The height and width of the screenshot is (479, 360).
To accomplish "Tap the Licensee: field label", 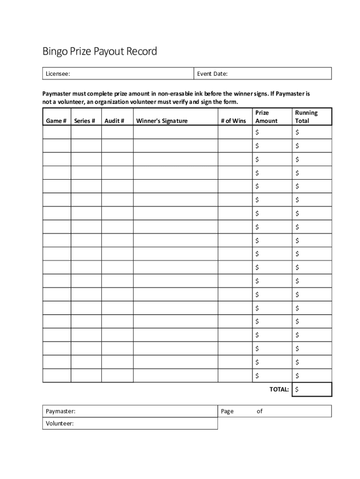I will pyautogui.click(x=58, y=74).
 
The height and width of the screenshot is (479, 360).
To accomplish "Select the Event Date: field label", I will pyautogui.click(x=216, y=74).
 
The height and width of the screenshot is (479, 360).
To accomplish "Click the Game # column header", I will pyautogui.click(x=56, y=121).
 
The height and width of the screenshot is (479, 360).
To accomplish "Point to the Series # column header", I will pyautogui.click(x=85, y=121).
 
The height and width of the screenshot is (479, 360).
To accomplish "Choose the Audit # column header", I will pyautogui.click(x=114, y=121).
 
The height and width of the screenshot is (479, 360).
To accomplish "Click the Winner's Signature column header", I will pyautogui.click(x=162, y=121).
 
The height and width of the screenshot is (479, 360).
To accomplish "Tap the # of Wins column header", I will pyautogui.click(x=233, y=121).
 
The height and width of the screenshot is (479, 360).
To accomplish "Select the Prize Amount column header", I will pyautogui.click(x=266, y=116).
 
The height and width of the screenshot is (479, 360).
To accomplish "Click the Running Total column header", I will pyautogui.click(x=306, y=116).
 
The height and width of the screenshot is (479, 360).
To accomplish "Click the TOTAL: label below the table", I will pyautogui.click(x=279, y=389).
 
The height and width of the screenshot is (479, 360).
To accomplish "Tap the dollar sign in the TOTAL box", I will pyautogui.click(x=297, y=389).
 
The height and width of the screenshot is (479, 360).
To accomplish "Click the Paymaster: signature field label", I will pyautogui.click(x=61, y=411).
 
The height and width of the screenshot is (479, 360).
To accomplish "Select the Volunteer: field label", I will pyautogui.click(x=60, y=423).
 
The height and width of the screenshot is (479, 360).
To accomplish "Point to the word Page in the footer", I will pyautogui.click(x=227, y=411).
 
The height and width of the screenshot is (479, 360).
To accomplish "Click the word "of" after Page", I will pyautogui.click(x=259, y=411).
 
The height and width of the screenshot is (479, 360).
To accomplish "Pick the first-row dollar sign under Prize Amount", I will pyautogui.click(x=257, y=132).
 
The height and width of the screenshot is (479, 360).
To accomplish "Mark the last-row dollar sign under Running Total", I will pyautogui.click(x=297, y=376).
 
